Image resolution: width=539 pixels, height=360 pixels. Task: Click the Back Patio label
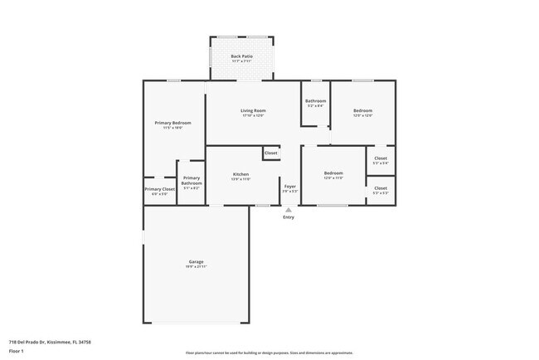(241, 56)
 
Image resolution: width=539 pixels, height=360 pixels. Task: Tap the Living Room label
(253, 110)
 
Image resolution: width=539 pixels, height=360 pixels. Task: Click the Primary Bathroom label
(192, 181)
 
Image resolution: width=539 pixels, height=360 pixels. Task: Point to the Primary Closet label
(159, 189)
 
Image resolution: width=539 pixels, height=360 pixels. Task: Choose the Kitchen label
(240, 174)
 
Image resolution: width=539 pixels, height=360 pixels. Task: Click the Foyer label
(290, 187)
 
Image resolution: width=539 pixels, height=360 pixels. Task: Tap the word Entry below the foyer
(288, 217)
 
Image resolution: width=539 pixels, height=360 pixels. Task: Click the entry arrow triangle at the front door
(288, 210)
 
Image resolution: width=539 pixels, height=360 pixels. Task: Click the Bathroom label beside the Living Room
(315, 101)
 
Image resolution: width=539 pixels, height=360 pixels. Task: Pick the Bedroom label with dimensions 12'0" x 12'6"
(362, 110)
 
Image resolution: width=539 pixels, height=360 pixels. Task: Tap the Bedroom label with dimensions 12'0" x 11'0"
(333, 173)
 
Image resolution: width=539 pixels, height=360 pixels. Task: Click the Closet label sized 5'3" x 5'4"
(381, 158)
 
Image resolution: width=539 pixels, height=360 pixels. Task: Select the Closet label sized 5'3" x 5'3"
(381, 188)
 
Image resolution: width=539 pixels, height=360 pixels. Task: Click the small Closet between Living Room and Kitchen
(270, 153)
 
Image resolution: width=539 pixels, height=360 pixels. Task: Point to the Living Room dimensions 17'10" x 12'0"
(253, 116)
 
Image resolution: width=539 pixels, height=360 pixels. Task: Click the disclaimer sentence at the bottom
(269, 353)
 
